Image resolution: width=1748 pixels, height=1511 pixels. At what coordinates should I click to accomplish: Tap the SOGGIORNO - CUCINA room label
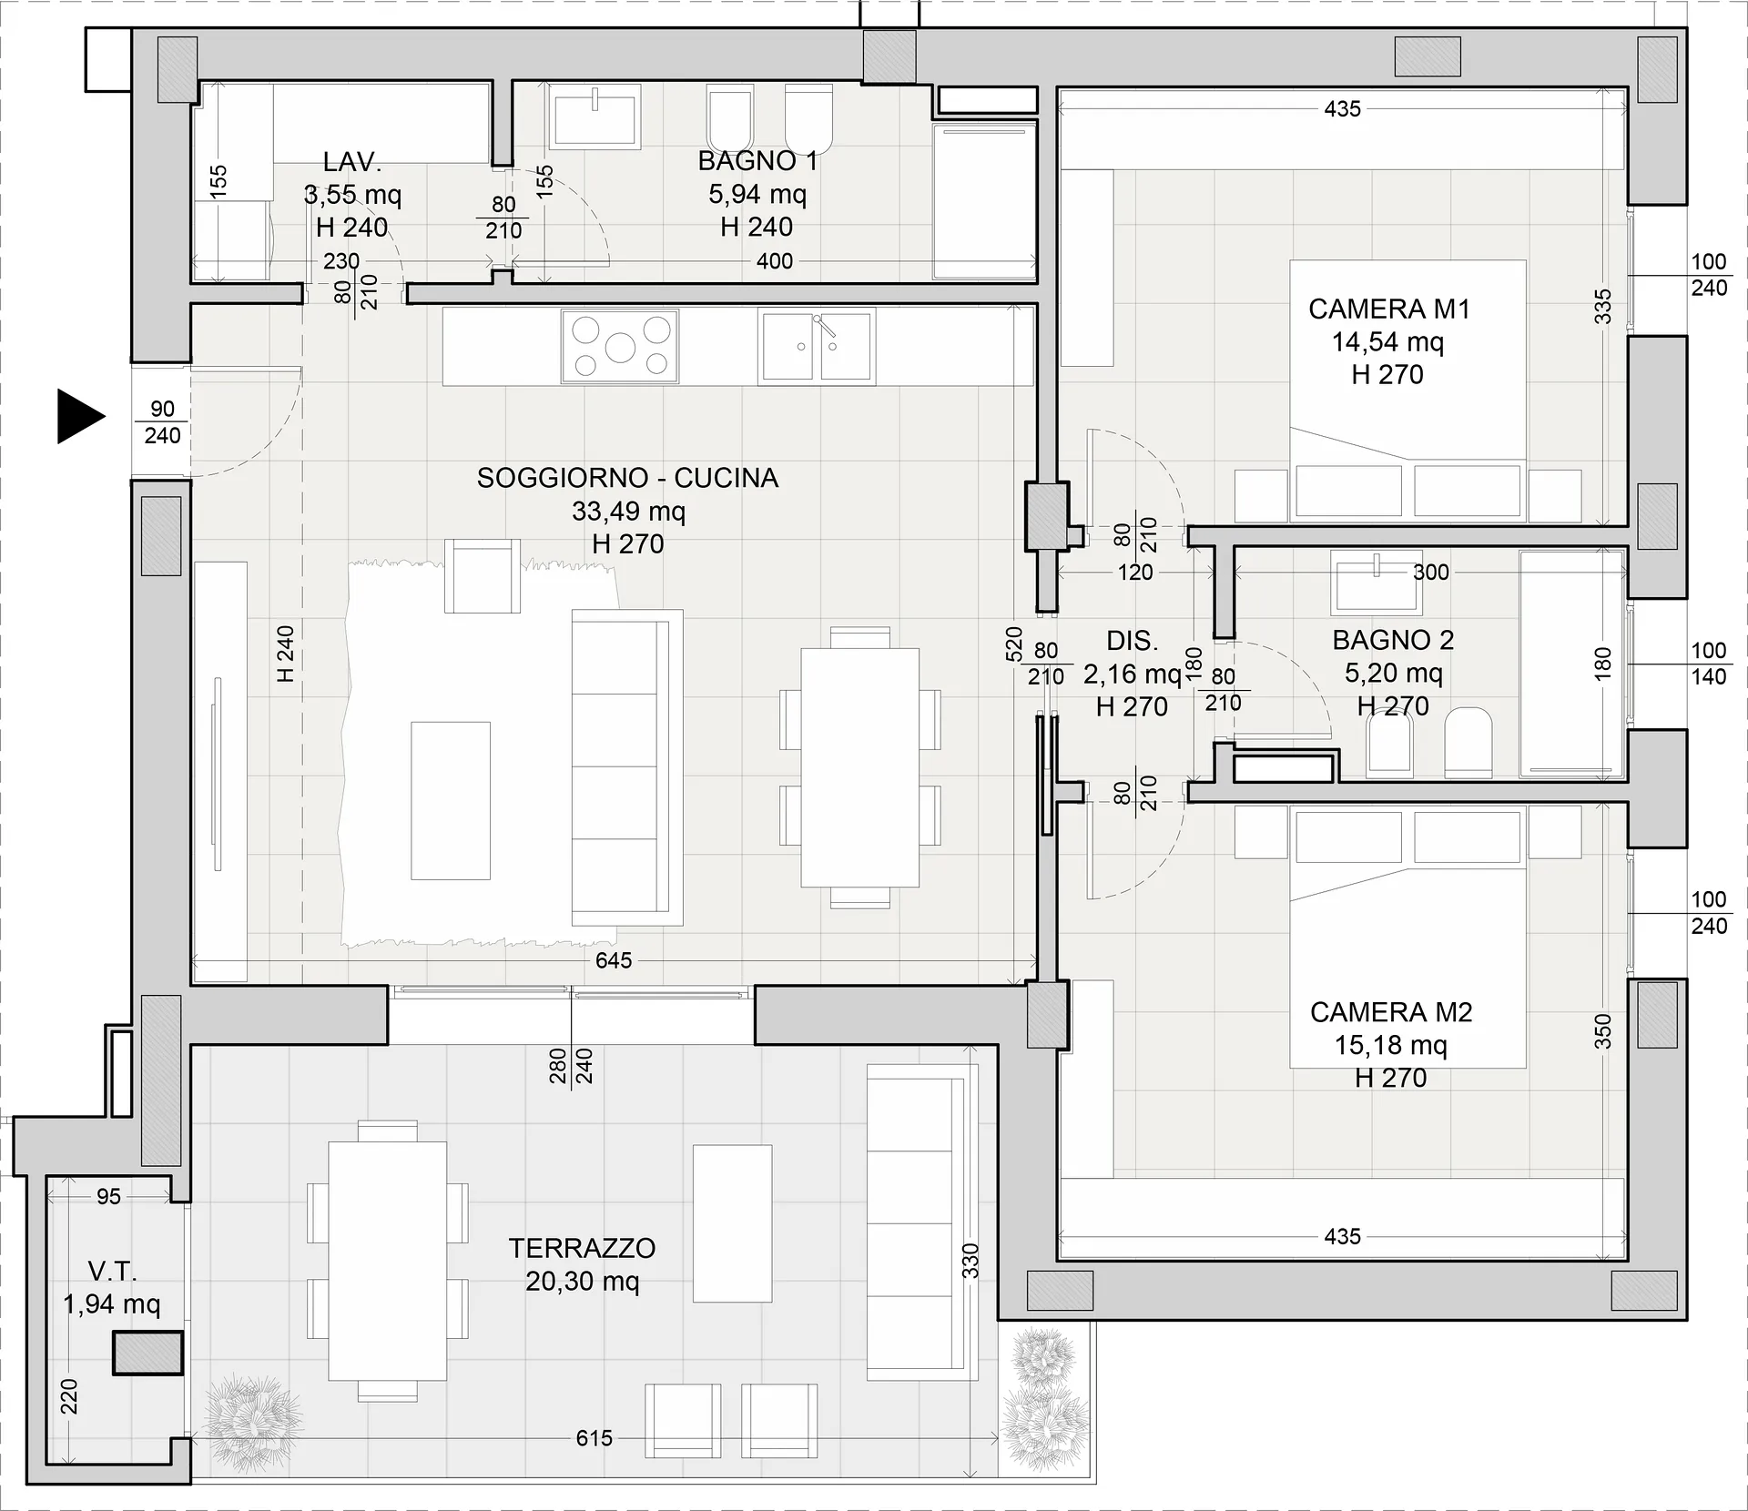pyautogui.click(x=627, y=478)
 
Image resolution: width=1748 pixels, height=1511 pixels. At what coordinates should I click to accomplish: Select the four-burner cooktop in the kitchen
pyautogui.click(x=620, y=346)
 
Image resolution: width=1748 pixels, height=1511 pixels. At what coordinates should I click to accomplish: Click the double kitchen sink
pyautogui.click(x=817, y=346)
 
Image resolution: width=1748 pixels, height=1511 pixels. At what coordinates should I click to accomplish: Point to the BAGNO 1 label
pyautogui.click(x=757, y=161)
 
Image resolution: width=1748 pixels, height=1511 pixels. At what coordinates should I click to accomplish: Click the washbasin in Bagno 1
pyautogui.click(x=595, y=117)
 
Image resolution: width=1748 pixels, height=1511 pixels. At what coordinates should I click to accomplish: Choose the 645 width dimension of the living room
pyautogui.click(x=614, y=960)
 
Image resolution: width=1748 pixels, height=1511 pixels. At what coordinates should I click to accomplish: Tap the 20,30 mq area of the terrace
pyautogui.click(x=583, y=1282)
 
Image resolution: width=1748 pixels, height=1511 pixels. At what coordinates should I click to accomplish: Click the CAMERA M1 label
pyautogui.click(x=1389, y=309)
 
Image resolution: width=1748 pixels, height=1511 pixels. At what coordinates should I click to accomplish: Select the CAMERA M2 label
pyautogui.click(x=1391, y=1012)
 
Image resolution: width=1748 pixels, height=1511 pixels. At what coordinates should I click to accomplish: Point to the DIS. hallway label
pyautogui.click(x=1133, y=641)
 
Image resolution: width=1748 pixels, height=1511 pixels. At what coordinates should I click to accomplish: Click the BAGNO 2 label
pyautogui.click(x=1393, y=640)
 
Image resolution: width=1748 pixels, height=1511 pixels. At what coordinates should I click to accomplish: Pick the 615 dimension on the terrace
pyautogui.click(x=595, y=1438)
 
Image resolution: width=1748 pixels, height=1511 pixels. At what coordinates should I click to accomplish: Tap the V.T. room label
pyautogui.click(x=113, y=1271)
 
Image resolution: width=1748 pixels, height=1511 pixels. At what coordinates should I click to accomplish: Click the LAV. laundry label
pyautogui.click(x=351, y=162)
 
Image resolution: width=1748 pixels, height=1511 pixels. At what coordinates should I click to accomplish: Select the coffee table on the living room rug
pyautogui.click(x=451, y=801)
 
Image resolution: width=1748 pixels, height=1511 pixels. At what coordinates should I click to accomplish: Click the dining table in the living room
pyautogui.click(x=859, y=767)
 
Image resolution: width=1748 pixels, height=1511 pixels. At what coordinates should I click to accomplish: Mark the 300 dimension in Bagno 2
pyautogui.click(x=1430, y=573)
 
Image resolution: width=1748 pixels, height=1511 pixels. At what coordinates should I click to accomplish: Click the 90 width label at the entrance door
pyautogui.click(x=162, y=409)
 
